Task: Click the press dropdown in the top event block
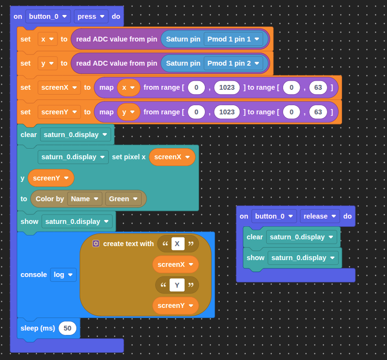[x=91, y=16]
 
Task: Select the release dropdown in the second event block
[x=320, y=216]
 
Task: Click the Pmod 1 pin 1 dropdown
[x=233, y=39]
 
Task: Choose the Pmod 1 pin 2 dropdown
[x=233, y=63]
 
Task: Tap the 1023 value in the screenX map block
[x=227, y=87]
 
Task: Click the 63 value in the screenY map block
[x=318, y=112]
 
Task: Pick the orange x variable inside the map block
[x=129, y=87]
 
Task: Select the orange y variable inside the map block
[x=129, y=112]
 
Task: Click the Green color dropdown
[x=123, y=199]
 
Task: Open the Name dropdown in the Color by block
[x=85, y=199]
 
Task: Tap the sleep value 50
[x=67, y=328]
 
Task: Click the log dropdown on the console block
[x=63, y=275]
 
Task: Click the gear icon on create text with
[x=96, y=244]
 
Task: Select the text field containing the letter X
[x=178, y=244]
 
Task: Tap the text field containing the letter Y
[x=177, y=285]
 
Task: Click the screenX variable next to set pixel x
[x=172, y=157]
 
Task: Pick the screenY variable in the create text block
[x=175, y=306]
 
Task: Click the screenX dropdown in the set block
[x=59, y=87]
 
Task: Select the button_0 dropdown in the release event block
[x=274, y=216]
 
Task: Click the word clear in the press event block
[x=29, y=135]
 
